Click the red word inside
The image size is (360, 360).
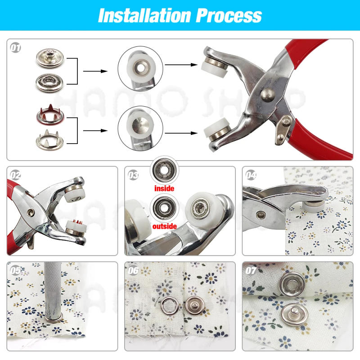(x=164, y=188)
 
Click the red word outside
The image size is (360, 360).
(x=164, y=226)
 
